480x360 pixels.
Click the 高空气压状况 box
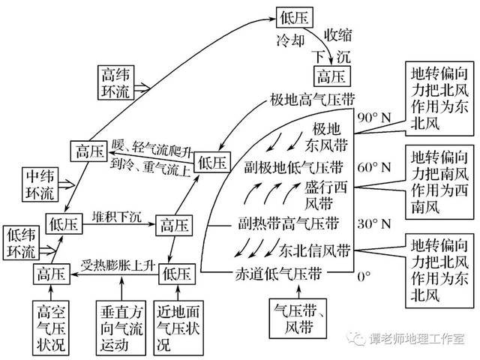click(x=51, y=325)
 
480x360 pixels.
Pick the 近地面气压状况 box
click(x=178, y=325)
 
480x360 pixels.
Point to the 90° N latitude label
click(x=374, y=118)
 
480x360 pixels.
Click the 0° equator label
click(x=363, y=276)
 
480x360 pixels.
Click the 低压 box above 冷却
click(x=292, y=16)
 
